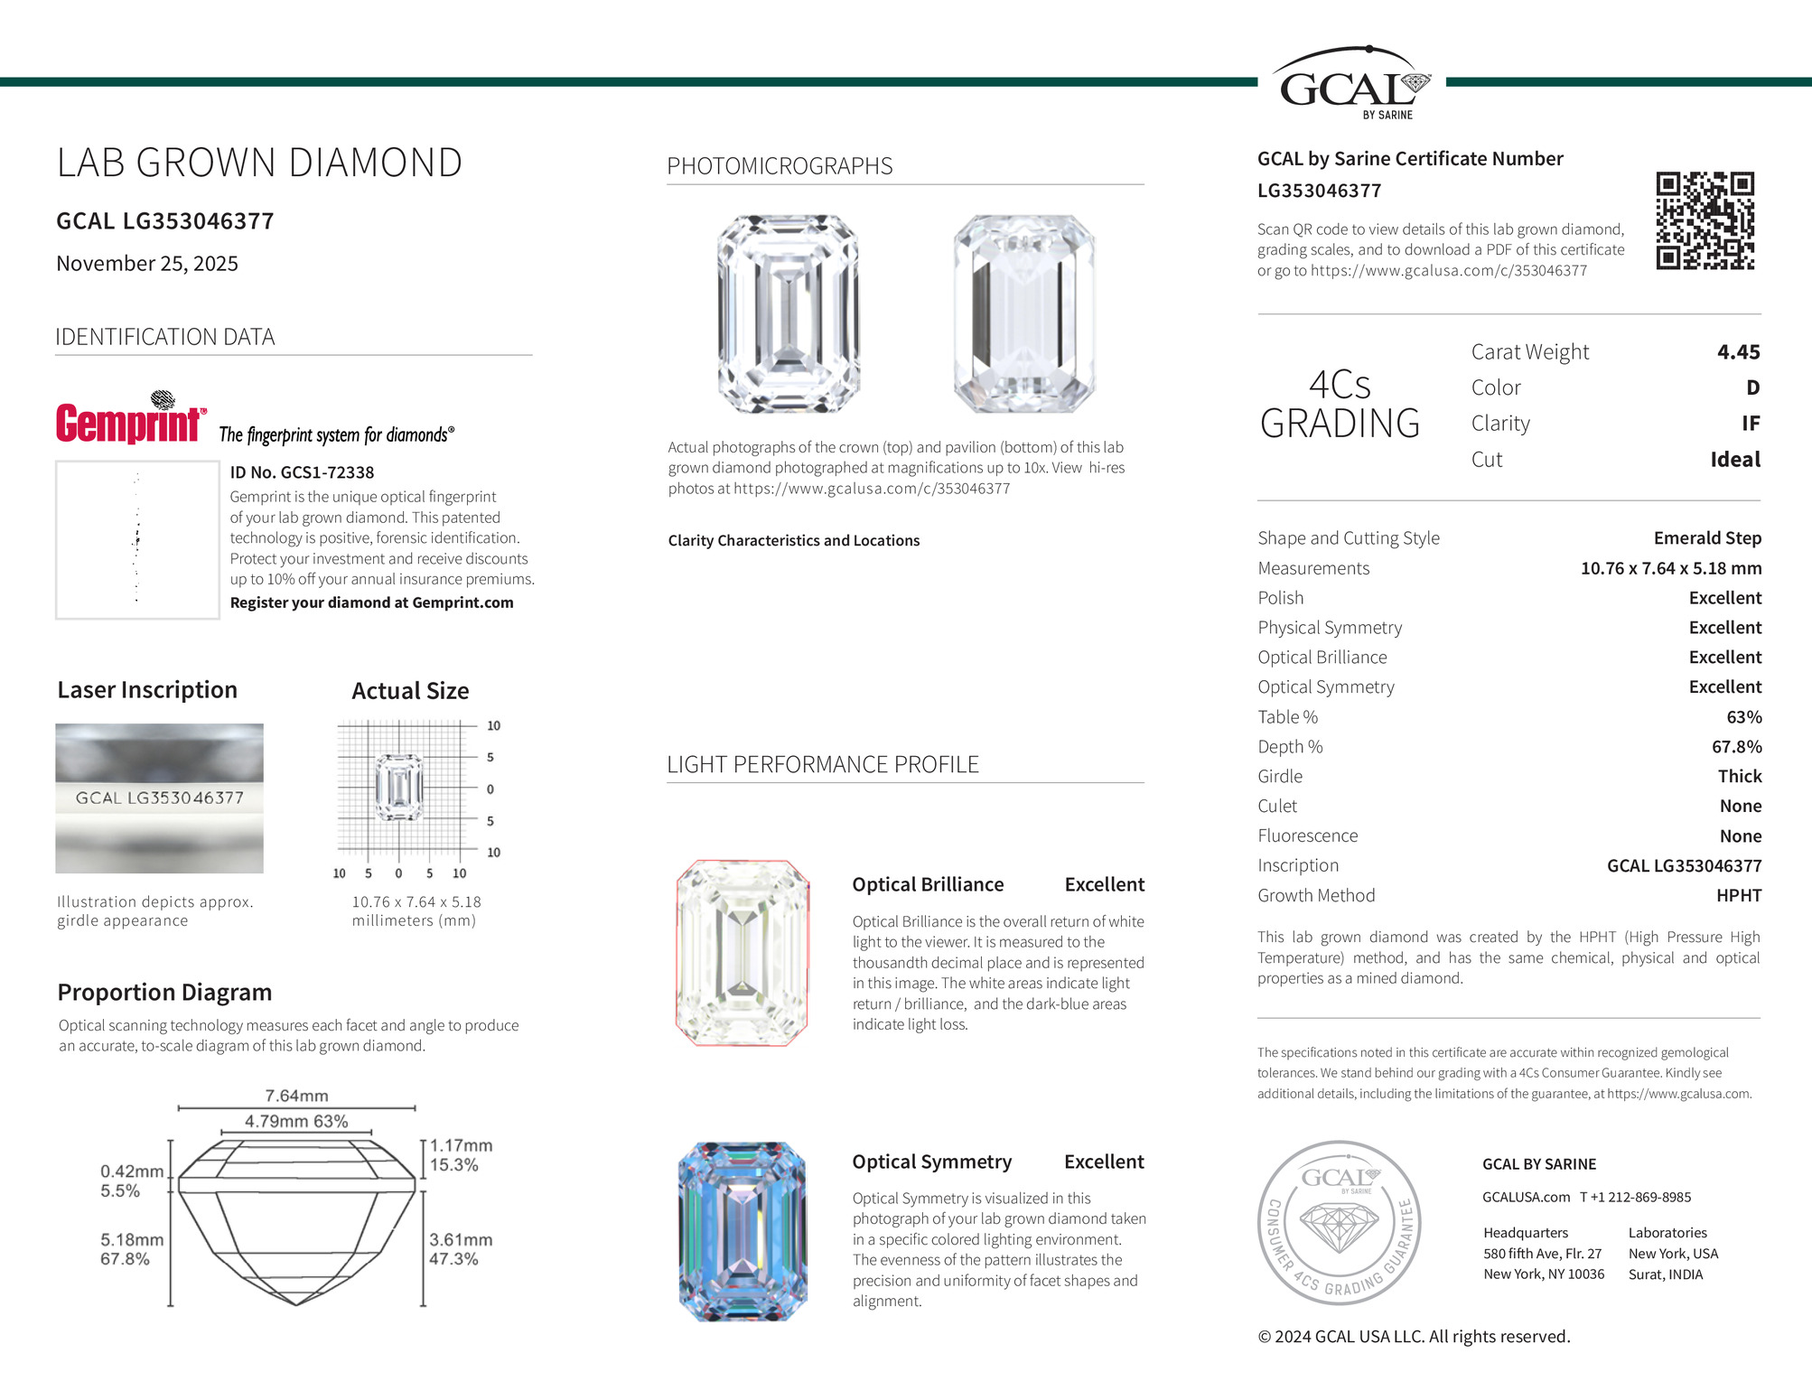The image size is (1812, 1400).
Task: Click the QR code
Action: point(1705,220)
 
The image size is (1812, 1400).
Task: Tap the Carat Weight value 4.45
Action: point(1738,352)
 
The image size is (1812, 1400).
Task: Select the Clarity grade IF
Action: point(1750,424)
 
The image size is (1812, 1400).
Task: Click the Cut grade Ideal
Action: point(1734,460)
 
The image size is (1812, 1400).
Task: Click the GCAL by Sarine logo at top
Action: point(1351,84)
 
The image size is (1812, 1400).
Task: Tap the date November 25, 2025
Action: point(147,264)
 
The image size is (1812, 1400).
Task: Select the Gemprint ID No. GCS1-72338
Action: point(302,472)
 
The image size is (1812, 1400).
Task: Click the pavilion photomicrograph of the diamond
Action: point(1023,313)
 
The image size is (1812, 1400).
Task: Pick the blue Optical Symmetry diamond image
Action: point(742,1231)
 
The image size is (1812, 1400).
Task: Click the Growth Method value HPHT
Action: point(1738,896)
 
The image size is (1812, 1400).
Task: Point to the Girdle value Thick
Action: point(1739,777)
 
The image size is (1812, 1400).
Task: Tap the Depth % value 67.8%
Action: point(1736,747)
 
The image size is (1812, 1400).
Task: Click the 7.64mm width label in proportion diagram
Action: point(296,1096)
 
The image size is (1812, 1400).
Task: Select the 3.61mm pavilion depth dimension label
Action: point(461,1240)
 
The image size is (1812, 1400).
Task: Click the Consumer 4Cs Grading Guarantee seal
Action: point(1340,1222)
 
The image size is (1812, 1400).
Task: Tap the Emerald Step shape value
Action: point(1706,538)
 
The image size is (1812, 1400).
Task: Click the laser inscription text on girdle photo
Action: point(160,798)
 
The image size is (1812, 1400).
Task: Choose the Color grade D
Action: point(1752,388)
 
